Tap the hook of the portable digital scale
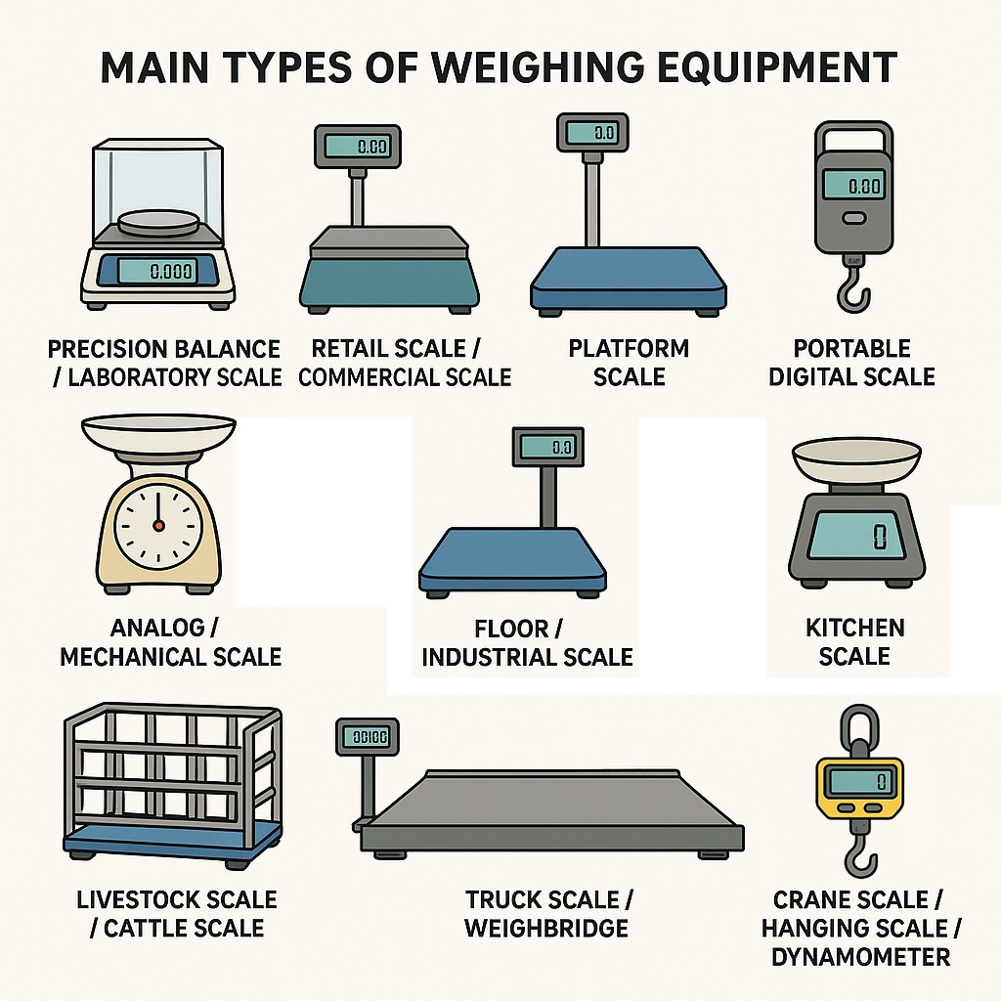tap(852, 291)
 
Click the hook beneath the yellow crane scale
tap(860, 856)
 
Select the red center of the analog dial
tap(159, 526)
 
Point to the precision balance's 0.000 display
tap(156, 272)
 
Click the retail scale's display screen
tap(358, 147)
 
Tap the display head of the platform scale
tap(592, 133)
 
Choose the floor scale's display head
tap(548, 447)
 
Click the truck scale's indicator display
tap(368, 737)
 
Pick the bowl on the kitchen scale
tap(856, 460)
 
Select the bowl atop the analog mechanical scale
tap(159, 433)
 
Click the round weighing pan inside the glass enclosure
tap(158, 223)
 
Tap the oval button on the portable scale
tap(854, 218)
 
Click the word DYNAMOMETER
tap(860, 957)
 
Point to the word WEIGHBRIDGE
tap(546, 928)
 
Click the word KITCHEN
tap(854, 628)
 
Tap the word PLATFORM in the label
tap(629, 348)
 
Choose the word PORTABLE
tap(851, 348)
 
